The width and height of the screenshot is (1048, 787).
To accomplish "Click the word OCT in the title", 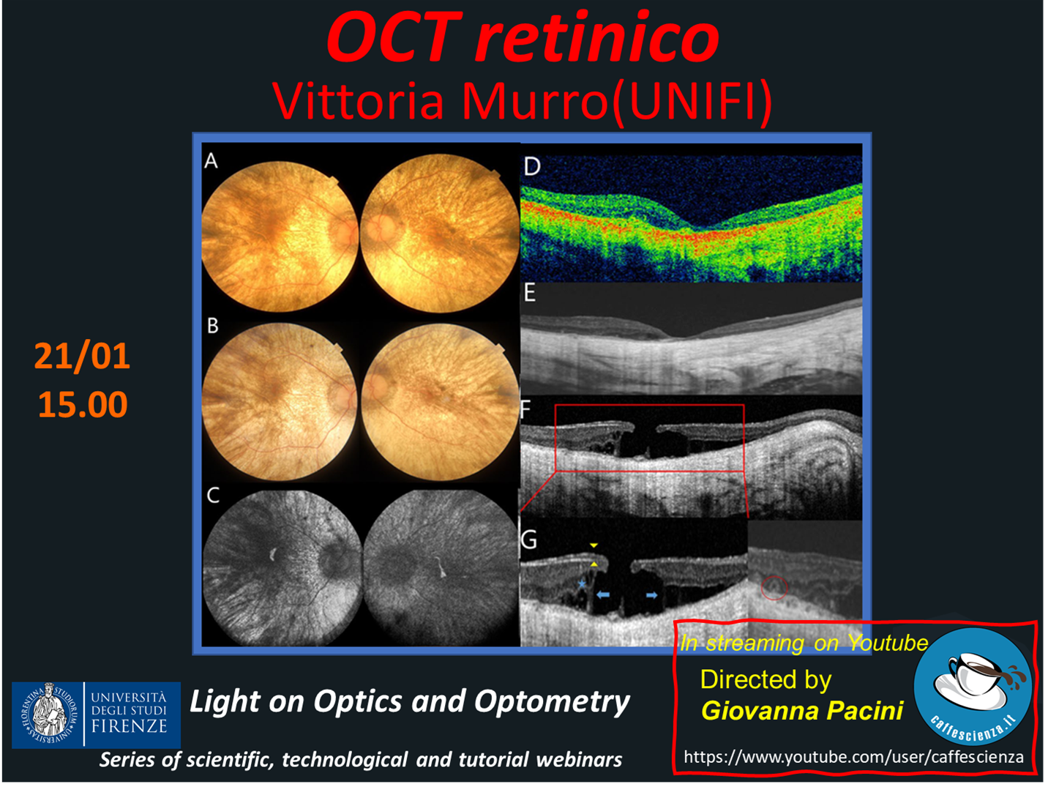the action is click(394, 38).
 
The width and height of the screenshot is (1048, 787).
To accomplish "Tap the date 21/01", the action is click(82, 357).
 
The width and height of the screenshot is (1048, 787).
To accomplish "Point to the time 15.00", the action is click(83, 405).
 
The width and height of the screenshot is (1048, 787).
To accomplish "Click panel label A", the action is click(211, 161).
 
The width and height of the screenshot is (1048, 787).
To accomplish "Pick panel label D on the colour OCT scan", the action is click(532, 167).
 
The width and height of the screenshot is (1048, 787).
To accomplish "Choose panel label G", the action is click(528, 540).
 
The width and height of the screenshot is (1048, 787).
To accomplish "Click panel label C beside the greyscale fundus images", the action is click(213, 495).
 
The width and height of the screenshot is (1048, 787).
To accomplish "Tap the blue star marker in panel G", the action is click(582, 583).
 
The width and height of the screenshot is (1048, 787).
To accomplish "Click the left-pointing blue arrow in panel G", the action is click(603, 594).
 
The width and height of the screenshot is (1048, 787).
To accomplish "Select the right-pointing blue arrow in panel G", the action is click(652, 595).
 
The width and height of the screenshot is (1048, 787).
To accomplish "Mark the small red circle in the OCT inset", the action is click(774, 588).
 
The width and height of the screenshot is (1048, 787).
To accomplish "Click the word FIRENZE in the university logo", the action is click(129, 726).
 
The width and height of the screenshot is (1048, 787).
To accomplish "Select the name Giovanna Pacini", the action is click(802, 710).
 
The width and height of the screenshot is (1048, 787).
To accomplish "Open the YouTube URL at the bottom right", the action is click(853, 757).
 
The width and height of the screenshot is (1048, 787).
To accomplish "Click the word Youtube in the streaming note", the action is click(888, 643).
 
